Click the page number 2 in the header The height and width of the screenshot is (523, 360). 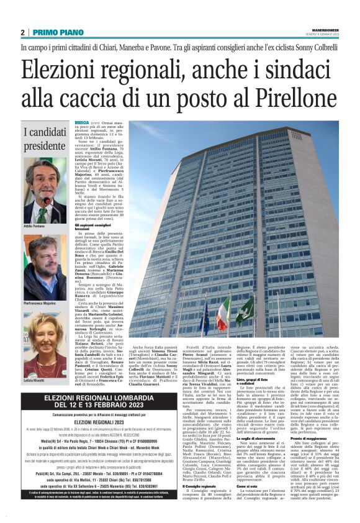point(22,32)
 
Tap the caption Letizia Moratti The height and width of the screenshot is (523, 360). point(34,380)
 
